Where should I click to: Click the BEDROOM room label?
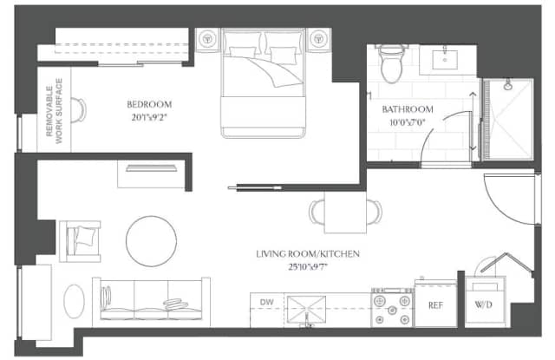click(x=149, y=104)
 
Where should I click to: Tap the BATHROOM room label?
click(x=408, y=109)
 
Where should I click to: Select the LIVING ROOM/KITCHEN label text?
click(x=308, y=254)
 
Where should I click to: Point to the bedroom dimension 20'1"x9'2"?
click(x=149, y=117)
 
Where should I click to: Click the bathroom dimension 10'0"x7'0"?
click(x=408, y=122)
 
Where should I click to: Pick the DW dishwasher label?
click(x=266, y=302)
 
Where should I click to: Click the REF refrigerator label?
click(x=435, y=305)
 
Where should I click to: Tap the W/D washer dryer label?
click(x=484, y=304)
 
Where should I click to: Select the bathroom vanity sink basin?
click(x=445, y=60)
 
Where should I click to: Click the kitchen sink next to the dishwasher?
click(x=306, y=310)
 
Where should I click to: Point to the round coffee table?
click(x=152, y=241)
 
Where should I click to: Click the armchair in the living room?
click(x=81, y=241)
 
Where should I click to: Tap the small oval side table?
click(x=75, y=301)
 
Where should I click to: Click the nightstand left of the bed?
click(x=208, y=39)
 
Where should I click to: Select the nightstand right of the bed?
click(x=318, y=39)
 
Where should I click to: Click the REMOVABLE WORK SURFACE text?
click(x=54, y=111)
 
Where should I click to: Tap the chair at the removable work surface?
click(x=79, y=110)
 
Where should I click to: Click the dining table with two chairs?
click(x=345, y=212)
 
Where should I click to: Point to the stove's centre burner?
click(x=392, y=311)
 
